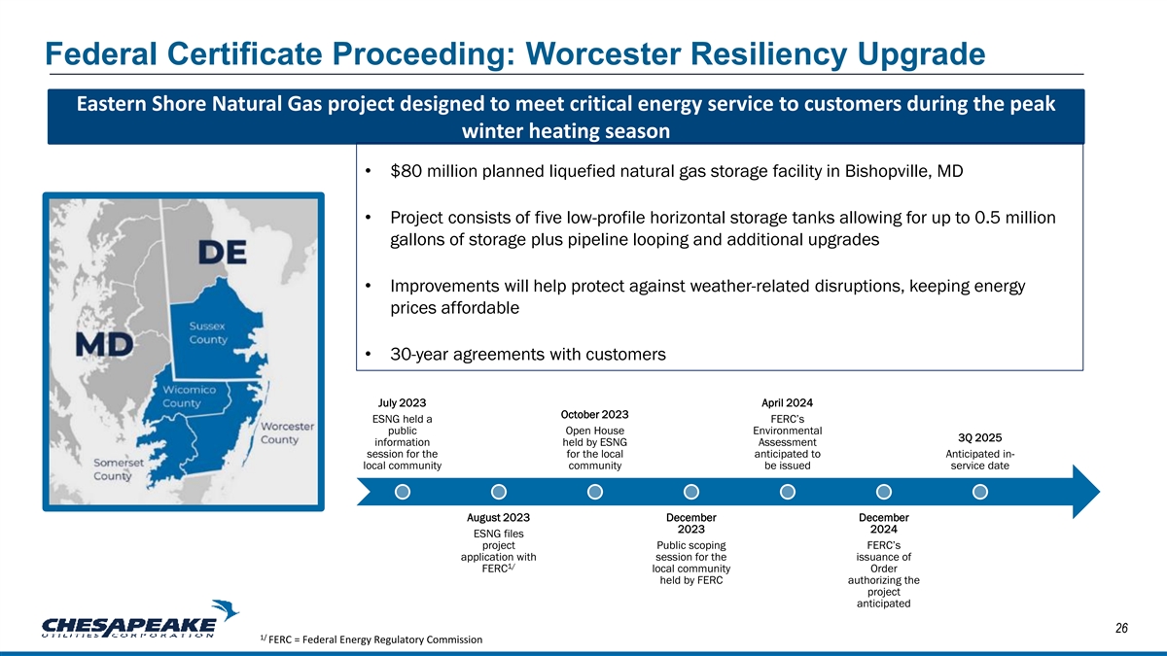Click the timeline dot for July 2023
tap(403, 492)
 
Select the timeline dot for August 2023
tap(499, 492)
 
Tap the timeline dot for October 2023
tap(595, 492)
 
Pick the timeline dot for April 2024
tap(787, 492)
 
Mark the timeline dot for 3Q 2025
tap(980, 492)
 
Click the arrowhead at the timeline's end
tap(1099, 492)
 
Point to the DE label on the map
tap(222, 253)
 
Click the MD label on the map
tap(104, 344)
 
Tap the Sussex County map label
tap(208, 332)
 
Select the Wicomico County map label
tap(189, 397)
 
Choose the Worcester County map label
tap(287, 432)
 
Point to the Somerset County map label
tap(119, 469)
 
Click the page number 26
tap(1121, 629)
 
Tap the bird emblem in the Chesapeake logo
tap(225, 610)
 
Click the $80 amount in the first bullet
tap(406, 171)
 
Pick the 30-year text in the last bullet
tap(419, 355)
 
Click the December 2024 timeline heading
tap(884, 523)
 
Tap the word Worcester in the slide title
tap(603, 53)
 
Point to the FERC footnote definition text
tap(371, 639)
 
